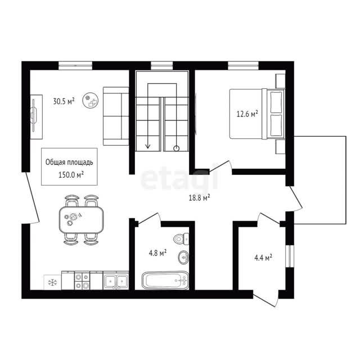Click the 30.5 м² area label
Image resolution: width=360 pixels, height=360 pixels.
pyautogui.click(x=64, y=101)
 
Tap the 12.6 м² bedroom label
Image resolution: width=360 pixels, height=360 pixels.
pyautogui.click(x=247, y=114)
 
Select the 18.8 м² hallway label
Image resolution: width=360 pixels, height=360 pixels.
pyautogui.click(x=199, y=197)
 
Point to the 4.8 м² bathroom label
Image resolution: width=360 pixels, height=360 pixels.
pyautogui.click(x=157, y=253)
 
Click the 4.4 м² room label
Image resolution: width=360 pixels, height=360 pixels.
pyautogui.click(x=263, y=258)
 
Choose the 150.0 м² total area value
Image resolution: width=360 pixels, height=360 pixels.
pyautogui.click(x=71, y=175)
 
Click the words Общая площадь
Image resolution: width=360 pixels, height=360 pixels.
pyautogui.click(x=69, y=162)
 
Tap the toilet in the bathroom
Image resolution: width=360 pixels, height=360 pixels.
pyautogui.click(x=181, y=239)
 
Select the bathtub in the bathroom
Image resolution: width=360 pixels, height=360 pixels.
pyautogui.click(x=165, y=280)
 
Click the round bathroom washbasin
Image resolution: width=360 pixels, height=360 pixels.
pyautogui.click(x=183, y=258)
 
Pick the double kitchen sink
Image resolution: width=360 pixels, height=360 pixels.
pyautogui.click(x=116, y=281)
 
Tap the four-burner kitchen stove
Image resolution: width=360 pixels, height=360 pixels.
pyautogui.click(x=82, y=281)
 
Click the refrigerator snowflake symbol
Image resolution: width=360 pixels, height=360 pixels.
pyautogui.click(x=52, y=282)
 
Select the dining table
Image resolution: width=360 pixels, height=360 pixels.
pyautogui.click(x=81, y=220)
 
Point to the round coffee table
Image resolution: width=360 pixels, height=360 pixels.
pyautogui.click(x=91, y=100)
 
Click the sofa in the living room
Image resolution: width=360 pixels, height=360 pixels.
pyautogui.click(x=116, y=116)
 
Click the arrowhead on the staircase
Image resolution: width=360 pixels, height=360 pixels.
pyautogui.click(x=148, y=146)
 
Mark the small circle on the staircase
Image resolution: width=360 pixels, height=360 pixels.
pyautogui.click(x=176, y=148)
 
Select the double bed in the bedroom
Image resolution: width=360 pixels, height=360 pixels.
pyautogui.click(x=257, y=114)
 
